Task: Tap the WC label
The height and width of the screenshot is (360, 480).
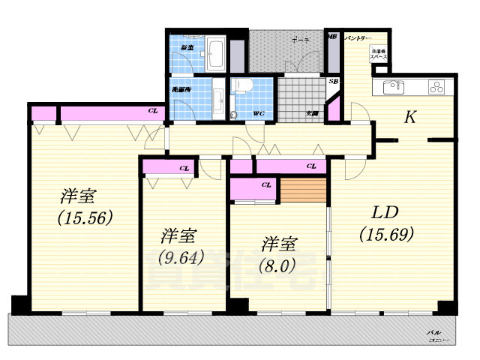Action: pos(257,114)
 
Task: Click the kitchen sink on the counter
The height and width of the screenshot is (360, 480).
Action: pos(394,87)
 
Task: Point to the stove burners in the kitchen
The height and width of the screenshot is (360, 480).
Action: pos(436,87)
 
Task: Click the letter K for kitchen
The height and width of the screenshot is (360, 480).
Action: pos(410,117)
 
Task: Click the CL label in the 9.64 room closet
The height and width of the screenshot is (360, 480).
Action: pos(184,168)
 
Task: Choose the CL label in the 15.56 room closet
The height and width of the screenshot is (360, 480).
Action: pos(153,111)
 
